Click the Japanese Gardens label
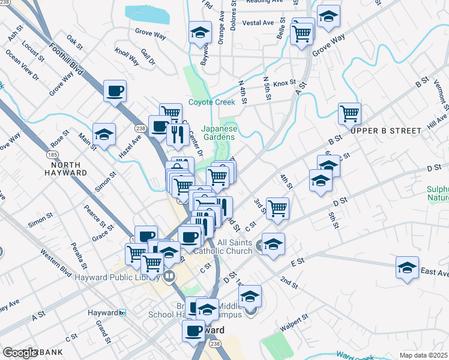tap(219, 132)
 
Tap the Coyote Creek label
tap(212, 102)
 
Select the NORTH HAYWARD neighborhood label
tap(69, 169)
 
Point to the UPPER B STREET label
tap(386, 130)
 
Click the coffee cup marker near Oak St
tap(115, 91)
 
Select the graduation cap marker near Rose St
tap(104, 134)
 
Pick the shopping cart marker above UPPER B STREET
tap(349, 112)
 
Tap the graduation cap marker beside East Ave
tap(407, 267)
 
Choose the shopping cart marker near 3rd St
tap(277, 208)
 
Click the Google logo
tap(20, 353)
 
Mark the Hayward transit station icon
tap(122, 313)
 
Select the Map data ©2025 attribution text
tap(423, 355)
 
